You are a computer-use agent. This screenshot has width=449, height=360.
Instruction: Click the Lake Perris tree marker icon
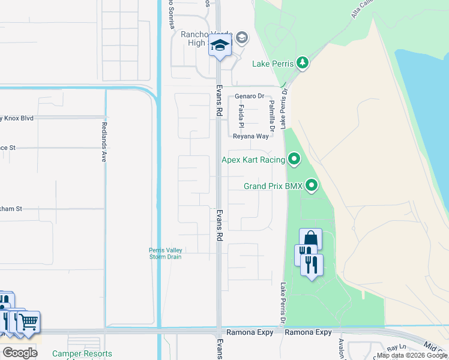[304, 63]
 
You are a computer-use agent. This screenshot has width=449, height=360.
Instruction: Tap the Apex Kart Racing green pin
[294, 159]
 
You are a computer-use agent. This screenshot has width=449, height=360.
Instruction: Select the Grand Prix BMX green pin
[311, 185]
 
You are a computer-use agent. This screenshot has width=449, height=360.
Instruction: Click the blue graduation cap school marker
[220, 46]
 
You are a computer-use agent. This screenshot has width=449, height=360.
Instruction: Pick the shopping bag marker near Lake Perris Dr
[310, 238]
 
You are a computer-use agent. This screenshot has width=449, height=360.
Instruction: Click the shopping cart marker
[28, 322]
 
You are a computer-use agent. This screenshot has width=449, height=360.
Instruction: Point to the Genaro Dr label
[249, 96]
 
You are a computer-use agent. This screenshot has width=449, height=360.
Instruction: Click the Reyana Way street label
[251, 137]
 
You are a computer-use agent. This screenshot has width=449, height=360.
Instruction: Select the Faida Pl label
[241, 116]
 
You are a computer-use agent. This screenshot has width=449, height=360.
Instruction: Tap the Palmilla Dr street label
[272, 116]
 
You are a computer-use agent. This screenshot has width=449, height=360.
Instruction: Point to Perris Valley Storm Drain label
[166, 254]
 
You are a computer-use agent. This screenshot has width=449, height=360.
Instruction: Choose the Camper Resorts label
[82, 354]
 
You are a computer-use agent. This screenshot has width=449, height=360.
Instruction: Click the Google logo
[20, 352]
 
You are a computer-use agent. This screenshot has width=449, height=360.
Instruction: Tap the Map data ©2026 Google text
[412, 356]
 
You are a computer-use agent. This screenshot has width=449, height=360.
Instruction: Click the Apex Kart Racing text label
[253, 160]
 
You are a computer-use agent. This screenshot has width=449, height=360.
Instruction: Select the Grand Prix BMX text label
[273, 186]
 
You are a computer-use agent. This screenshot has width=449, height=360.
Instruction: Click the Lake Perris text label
[273, 64]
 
